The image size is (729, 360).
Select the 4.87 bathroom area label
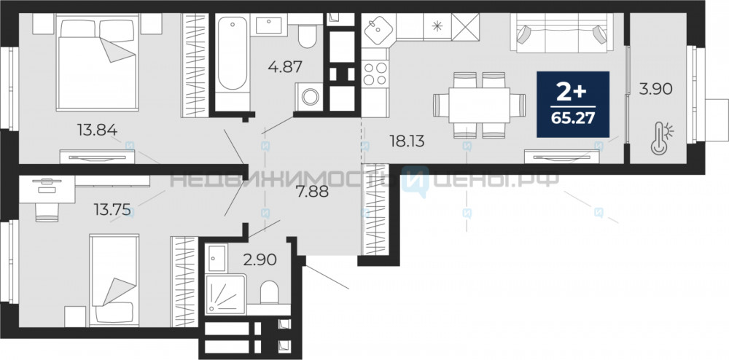[285, 66]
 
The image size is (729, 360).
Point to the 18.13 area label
[407, 141]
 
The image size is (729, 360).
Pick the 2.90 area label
[260, 259]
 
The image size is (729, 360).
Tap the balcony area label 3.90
[655, 88]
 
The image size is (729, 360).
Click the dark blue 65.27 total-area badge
[573, 104]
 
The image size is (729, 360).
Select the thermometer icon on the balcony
[662, 138]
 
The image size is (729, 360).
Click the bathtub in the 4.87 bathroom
[233, 53]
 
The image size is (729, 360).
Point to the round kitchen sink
[378, 30]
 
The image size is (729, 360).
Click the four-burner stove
[375, 74]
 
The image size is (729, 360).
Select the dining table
[480, 106]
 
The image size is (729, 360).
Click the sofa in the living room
[561, 33]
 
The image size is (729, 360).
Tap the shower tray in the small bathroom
[225, 294]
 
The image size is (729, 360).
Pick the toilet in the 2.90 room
[269, 293]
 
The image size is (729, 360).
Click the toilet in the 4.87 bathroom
[307, 36]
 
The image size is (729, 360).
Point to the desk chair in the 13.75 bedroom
[47, 212]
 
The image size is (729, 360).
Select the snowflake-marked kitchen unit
[437, 26]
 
